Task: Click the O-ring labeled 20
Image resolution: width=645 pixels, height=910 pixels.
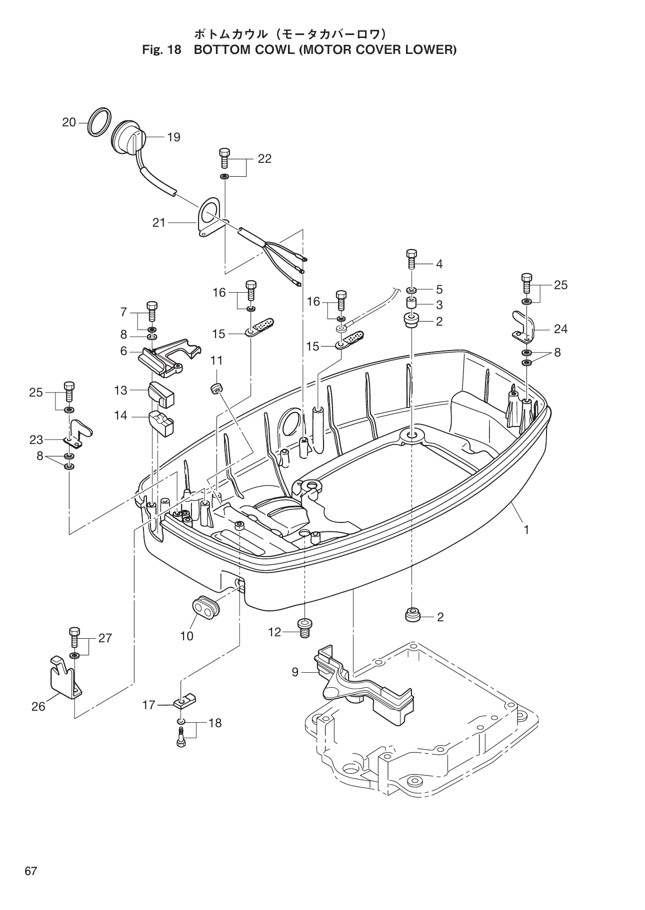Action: click(x=98, y=121)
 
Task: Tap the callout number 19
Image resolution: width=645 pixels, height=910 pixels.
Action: click(x=173, y=137)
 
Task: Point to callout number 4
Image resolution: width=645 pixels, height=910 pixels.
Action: click(x=439, y=264)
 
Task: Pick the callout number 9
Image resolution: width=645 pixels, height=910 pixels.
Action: click(x=295, y=672)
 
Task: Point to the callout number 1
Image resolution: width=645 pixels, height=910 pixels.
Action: click(x=526, y=529)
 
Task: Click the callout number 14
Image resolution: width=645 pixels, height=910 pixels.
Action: click(x=120, y=416)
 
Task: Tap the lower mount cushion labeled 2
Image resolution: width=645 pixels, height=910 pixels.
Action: click(x=412, y=615)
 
